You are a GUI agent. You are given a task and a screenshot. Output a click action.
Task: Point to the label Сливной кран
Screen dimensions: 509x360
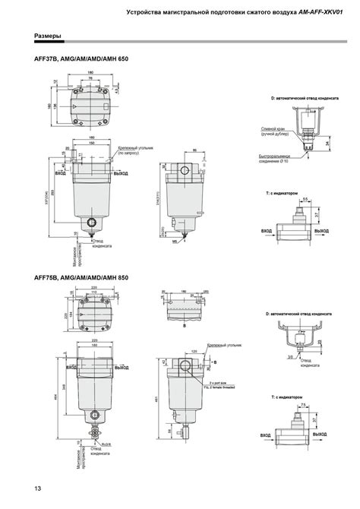pos(272,128)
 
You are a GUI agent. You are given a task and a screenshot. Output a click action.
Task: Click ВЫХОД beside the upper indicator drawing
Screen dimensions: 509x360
pos(323,229)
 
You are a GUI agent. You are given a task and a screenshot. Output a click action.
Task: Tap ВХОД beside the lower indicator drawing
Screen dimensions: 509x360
pos(267,436)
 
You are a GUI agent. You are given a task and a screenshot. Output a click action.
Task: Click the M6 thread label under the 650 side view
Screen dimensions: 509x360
pos(174,242)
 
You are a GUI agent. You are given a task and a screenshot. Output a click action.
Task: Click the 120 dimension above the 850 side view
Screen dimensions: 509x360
pos(194,353)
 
